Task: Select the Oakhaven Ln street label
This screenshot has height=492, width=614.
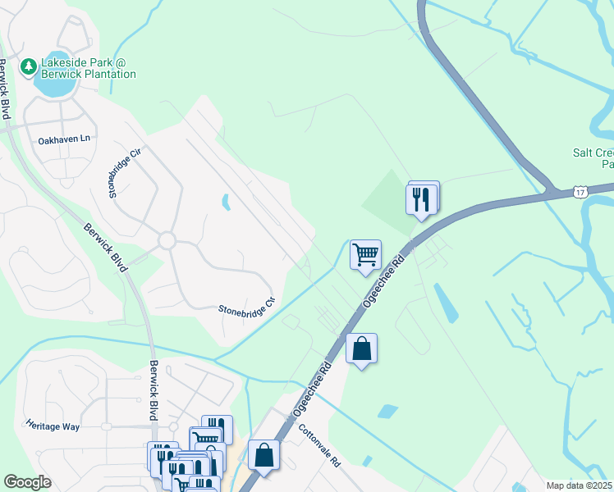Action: coord(63,140)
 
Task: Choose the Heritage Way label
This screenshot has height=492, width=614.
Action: coord(52,426)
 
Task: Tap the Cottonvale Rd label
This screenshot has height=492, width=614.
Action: coord(319,446)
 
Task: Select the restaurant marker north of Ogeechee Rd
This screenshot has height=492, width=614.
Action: coord(422,199)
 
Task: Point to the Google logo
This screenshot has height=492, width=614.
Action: coord(27,482)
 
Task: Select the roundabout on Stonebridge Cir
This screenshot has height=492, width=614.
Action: coord(167,241)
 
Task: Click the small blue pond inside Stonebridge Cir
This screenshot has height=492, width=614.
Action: coord(225,200)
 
